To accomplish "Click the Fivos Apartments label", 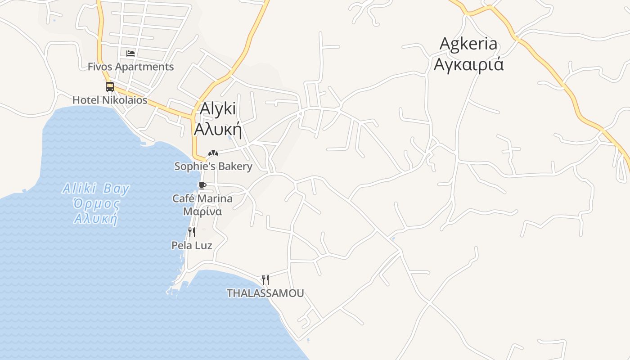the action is [x=130, y=67].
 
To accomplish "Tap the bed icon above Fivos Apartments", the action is [x=130, y=53].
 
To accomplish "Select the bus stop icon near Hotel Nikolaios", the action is [x=110, y=87].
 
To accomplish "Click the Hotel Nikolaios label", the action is [x=110, y=100].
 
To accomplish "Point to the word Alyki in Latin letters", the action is [x=218, y=109].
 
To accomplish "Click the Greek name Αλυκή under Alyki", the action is [x=218, y=129].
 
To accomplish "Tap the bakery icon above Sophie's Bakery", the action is [x=213, y=153].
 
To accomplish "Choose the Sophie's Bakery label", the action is [x=213, y=166].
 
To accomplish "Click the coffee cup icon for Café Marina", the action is [x=202, y=185].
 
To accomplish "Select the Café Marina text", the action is [x=202, y=198].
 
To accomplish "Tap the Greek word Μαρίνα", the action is [x=202, y=211].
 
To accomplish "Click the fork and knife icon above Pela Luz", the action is [x=192, y=232].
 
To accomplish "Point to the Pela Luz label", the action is [x=192, y=245].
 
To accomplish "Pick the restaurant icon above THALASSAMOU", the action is [x=265, y=280].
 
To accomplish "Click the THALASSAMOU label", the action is [x=265, y=293].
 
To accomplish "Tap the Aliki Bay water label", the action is [x=96, y=189].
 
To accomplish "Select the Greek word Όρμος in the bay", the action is [x=97, y=204].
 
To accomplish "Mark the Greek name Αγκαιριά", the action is [x=468, y=65].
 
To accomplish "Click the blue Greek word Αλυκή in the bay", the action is [x=96, y=219].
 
